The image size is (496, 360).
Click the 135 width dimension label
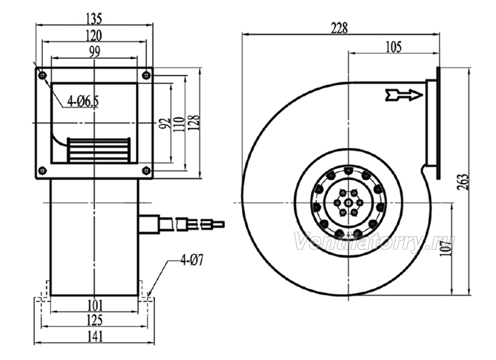click(x=94, y=19)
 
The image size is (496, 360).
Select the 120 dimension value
click(x=94, y=35)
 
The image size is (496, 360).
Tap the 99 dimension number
click(x=94, y=52)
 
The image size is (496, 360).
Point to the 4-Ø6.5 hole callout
click(x=83, y=102)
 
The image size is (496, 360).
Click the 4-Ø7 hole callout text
click(x=192, y=260)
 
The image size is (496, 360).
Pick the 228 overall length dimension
click(x=339, y=28)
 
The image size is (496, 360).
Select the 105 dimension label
click(x=394, y=47)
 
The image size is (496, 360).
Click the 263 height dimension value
click(x=463, y=182)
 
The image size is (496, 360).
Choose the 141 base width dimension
click(x=95, y=336)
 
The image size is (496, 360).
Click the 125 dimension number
click(x=95, y=320)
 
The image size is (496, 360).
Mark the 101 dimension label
click(x=95, y=305)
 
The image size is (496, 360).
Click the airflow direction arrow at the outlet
click(x=404, y=95)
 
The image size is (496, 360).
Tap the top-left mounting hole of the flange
click(x=42, y=75)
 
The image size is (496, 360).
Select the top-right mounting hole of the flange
click(x=146, y=75)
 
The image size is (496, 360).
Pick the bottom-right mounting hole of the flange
click(x=146, y=170)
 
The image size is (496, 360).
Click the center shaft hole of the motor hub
click(x=348, y=203)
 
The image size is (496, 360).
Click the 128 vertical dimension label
click(x=195, y=123)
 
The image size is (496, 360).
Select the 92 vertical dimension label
click(x=165, y=123)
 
